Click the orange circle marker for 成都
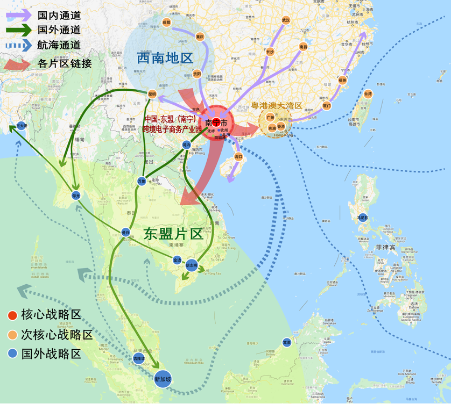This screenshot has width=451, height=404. pyautogui.click(x=166, y=23)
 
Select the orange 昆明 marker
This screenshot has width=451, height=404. pyautogui.click(x=152, y=94)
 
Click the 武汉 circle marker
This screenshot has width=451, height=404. pyautogui.click(x=286, y=20)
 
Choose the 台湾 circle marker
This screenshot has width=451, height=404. pyautogui.click(x=368, y=93)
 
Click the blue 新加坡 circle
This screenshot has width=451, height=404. pyautogui.click(x=163, y=379)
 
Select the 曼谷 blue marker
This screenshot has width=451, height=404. pyautogui.click(x=126, y=233)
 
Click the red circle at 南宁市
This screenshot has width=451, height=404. pyautogui.click(x=216, y=122)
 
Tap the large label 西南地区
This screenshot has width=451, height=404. pyautogui.click(x=165, y=58)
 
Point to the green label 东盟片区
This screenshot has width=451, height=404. pyautogui.click(x=173, y=234)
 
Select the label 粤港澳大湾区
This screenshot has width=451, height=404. pyautogui.click(x=277, y=106)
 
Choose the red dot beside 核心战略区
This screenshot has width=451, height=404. pyautogui.click(x=11, y=315)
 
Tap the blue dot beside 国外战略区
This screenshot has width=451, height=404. pyautogui.click(x=11, y=353)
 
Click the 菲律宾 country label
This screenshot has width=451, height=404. pyautogui.click(x=386, y=248)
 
